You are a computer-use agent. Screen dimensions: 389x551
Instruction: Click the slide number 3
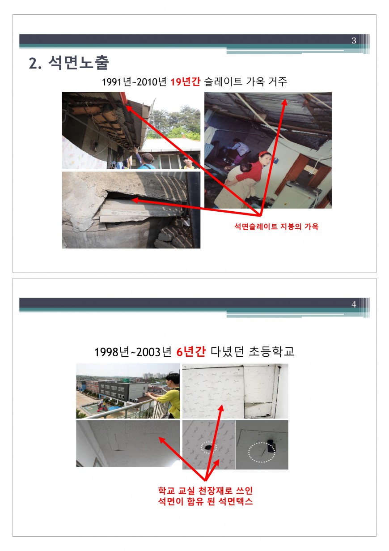tap(354, 40)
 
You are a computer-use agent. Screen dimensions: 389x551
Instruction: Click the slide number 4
tap(354, 304)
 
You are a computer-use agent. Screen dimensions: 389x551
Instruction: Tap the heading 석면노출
tap(79, 63)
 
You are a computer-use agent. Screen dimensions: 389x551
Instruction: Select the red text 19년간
tap(185, 81)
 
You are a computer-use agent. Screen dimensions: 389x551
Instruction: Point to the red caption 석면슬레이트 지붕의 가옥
tap(276, 226)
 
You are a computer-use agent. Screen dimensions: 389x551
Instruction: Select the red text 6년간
tap(191, 351)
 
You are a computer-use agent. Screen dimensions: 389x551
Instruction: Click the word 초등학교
tap(271, 351)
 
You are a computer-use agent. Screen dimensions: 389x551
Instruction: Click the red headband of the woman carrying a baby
tap(263, 153)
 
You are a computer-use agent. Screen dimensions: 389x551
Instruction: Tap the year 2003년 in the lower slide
tap(153, 352)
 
